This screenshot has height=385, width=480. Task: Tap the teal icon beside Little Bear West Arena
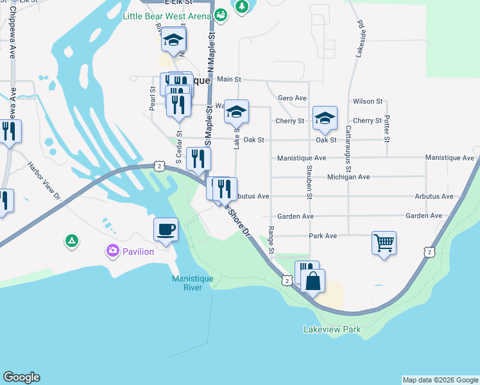221,14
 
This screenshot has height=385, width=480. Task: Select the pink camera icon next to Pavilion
113,252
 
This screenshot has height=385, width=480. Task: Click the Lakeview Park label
332,330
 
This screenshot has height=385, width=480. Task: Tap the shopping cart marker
384,244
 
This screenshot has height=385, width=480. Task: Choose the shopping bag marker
313,281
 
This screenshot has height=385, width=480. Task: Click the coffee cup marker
166,229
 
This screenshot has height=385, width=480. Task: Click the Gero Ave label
292,98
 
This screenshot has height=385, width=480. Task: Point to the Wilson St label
368,101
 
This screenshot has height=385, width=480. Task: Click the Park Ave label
323,236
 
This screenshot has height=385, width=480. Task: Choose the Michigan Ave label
348,176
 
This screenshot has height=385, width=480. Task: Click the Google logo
22,377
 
